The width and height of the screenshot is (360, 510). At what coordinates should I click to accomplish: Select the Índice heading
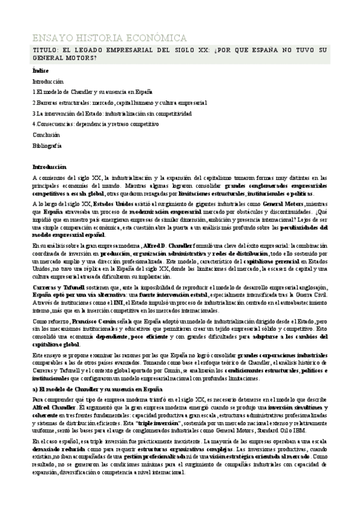point(40,71)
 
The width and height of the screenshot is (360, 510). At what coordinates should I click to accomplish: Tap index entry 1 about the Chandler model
point(93,91)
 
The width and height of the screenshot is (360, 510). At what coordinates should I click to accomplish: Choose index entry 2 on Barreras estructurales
point(120,102)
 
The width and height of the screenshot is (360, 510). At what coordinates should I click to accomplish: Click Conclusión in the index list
point(46,135)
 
